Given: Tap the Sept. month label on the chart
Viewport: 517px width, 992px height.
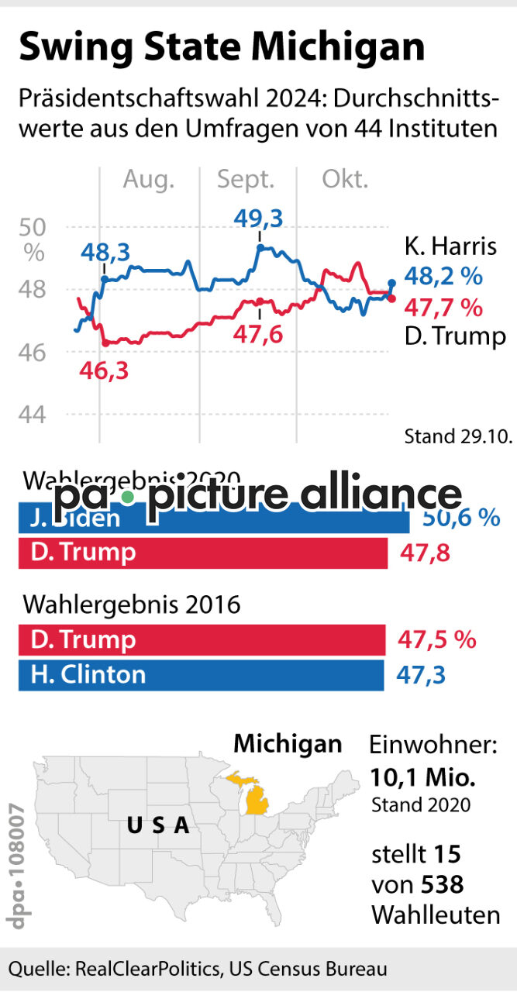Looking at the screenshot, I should (246, 181).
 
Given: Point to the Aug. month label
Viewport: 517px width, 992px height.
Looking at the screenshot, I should (149, 181).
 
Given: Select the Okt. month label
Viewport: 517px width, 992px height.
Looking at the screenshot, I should (345, 181).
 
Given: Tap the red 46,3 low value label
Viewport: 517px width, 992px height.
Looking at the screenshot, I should (104, 370).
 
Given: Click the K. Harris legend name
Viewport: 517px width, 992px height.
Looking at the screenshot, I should (450, 247).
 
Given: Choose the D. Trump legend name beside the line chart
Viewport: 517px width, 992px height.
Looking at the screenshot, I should (455, 336).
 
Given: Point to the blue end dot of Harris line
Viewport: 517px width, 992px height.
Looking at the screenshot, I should (391, 284).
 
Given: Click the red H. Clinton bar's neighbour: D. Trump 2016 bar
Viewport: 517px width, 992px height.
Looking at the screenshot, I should (202, 640).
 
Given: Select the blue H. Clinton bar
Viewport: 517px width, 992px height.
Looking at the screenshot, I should (201, 674).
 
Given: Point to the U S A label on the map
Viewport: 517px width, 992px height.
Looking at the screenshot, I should (158, 825).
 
